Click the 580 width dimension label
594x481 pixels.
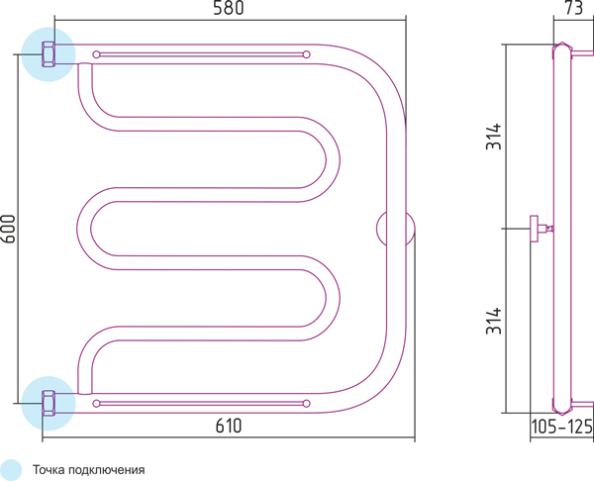pyautogui.click(x=228, y=8)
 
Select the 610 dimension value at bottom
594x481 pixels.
pyautogui.click(x=229, y=426)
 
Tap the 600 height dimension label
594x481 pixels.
pyautogui.click(x=8, y=229)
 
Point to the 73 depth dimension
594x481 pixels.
pyautogui.click(x=574, y=8)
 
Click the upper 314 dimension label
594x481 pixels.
pyautogui.click(x=494, y=137)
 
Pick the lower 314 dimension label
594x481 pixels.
pyautogui.click(x=494, y=321)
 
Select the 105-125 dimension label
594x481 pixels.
pyautogui.click(x=561, y=427)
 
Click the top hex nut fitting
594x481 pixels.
pyautogui.click(x=49, y=54)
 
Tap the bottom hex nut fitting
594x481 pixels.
pyautogui.click(x=49, y=404)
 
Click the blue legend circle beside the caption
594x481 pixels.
pyautogui.click(x=11, y=470)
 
